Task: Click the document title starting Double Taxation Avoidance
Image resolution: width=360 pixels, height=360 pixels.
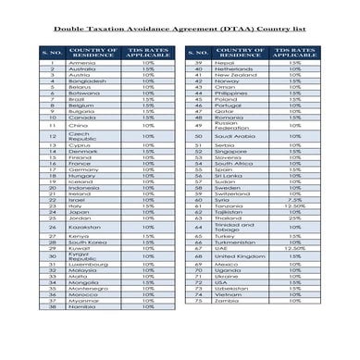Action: (x=180, y=30)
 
